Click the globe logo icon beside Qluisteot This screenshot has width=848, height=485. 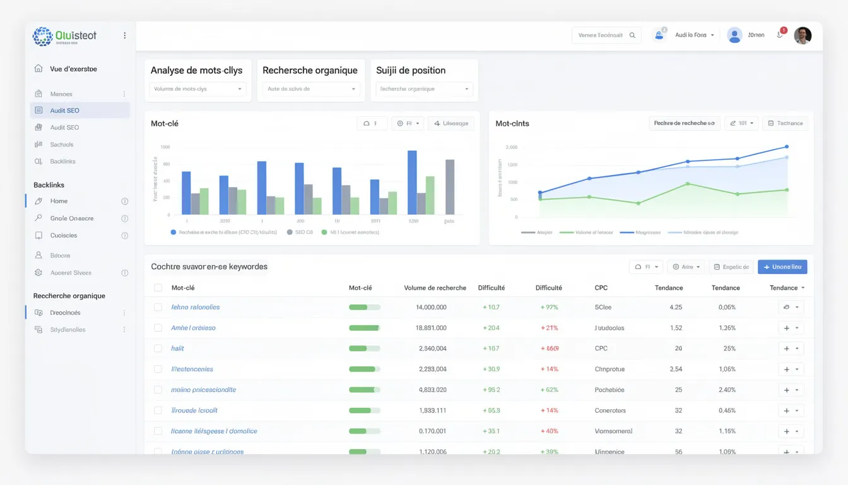(x=43, y=36)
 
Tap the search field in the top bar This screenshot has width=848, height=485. (x=606, y=35)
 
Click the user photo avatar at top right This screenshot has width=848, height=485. (x=803, y=35)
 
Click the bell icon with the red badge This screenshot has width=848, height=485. (x=780, y=35)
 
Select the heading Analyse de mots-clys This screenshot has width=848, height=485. (x=196, y=70)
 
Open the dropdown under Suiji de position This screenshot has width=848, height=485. (x=423, y=89)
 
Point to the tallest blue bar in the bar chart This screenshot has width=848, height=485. (x=412, y=183)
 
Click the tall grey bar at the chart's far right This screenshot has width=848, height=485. (x=450, y=187)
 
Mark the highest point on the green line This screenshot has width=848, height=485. (x=688, y=184)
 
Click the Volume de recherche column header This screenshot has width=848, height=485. (x=435, y=288)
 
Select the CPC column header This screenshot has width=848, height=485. (x=601, y=288)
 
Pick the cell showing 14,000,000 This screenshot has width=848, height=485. (x=431, y=308)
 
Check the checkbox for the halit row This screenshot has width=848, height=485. (x=158, y=349)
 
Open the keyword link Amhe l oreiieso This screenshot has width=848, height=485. (x=193, y=328)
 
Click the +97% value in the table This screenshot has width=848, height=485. (x=549, y=308)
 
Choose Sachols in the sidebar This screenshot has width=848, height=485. (x=62, y=145)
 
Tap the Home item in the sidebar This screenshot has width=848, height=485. (x=59, y=201)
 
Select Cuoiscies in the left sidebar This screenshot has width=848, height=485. (x=64, y=236)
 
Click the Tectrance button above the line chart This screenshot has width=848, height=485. (x=785, y=123)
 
